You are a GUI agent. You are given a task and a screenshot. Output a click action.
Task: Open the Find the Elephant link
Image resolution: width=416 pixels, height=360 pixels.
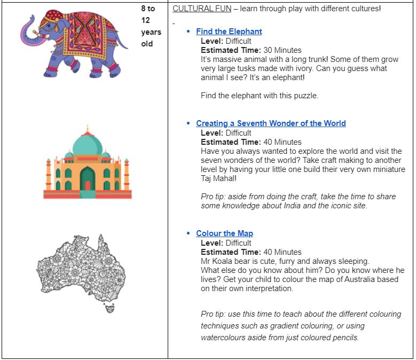(229, 32)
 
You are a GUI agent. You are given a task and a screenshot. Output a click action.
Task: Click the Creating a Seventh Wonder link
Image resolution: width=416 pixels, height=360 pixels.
(271, 123)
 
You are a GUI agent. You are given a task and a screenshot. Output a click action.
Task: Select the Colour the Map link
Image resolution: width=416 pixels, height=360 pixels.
(224, 233)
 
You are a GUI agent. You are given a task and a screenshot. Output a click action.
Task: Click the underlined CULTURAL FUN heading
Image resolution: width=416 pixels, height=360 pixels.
(202, 9)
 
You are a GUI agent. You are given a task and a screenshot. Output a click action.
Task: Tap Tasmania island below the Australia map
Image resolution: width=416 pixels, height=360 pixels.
(110, 307)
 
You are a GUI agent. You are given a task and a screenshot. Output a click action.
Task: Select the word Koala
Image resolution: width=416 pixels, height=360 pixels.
(223, 261)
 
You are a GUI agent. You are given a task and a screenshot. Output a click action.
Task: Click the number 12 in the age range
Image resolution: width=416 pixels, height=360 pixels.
(146, 20)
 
